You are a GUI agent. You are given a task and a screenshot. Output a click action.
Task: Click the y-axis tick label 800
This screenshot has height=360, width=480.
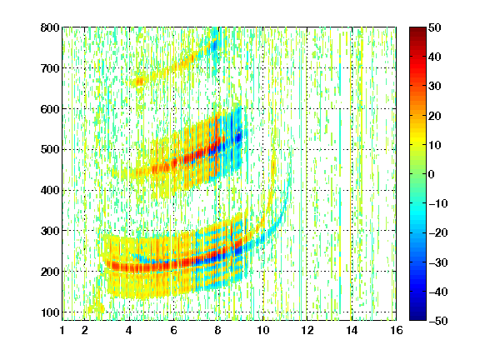point(50,27)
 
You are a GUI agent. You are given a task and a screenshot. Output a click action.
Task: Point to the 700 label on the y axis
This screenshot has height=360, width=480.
point(50,68)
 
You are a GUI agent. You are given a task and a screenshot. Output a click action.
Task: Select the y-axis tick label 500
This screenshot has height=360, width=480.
point(50,150)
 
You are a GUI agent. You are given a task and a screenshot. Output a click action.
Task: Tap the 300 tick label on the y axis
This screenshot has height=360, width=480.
point(50,231)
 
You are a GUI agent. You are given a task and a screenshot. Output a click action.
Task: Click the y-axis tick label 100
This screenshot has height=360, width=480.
point(50,312)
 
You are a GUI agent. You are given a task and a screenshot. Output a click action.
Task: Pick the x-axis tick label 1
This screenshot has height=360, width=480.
point(62,330)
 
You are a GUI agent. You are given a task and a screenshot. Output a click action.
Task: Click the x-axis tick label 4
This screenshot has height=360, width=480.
point(129,330)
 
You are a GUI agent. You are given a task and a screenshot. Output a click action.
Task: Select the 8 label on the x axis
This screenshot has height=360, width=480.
point(217,330)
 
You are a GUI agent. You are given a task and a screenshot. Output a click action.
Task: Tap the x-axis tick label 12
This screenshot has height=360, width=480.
point(307,330)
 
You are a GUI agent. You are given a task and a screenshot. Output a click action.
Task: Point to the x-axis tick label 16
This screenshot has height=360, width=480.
point(397,330)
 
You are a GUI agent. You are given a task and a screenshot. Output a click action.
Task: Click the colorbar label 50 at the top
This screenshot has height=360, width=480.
point(434,27)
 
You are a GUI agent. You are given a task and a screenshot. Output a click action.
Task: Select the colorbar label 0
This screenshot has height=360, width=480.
point(432,174)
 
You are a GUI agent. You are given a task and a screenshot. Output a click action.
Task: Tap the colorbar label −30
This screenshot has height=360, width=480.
point(438,262)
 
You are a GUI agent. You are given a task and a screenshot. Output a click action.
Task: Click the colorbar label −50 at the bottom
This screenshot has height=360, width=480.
point(438,321)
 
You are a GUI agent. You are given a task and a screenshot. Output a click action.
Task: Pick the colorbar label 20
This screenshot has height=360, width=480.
point(434,116)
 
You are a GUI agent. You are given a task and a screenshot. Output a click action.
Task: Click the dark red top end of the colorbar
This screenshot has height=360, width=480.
point(417,29)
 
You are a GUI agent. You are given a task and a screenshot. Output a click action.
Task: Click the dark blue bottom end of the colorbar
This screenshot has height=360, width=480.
point(417,319)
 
